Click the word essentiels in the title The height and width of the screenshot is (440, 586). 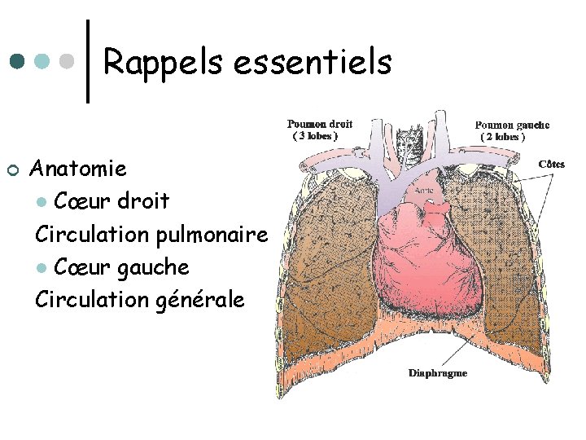[313, 61]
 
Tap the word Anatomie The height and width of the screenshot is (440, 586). [78, 169]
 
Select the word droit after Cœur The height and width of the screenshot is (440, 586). [142, 200]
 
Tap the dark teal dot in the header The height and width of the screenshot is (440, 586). [17, 61]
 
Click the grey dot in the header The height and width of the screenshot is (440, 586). [70, 61]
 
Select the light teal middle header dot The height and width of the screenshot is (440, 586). [43, 61]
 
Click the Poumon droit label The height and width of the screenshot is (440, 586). [319, 125]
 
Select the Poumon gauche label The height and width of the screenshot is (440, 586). [512, 125]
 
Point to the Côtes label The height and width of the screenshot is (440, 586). [551, 164]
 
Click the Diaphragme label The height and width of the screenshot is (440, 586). [437, 373]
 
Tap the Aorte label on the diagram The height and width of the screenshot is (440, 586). [423, 190]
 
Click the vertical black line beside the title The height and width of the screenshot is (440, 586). [88, 61]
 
